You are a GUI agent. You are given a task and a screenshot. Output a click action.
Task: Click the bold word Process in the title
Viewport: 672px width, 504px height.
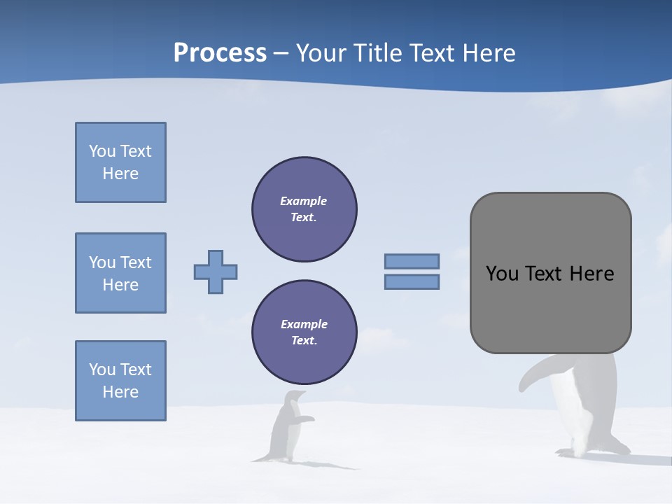220,53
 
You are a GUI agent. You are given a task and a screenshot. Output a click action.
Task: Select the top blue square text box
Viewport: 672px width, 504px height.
120,162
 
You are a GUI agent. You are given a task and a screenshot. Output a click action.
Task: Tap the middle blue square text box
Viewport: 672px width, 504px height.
120,273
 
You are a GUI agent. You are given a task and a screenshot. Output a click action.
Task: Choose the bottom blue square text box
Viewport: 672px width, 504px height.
120,381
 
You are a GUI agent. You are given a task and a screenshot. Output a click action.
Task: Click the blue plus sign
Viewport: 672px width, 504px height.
216,272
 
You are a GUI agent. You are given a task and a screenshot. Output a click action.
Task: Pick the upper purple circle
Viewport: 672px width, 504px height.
304,209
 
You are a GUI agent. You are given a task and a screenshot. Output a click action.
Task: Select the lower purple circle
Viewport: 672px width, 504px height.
304,332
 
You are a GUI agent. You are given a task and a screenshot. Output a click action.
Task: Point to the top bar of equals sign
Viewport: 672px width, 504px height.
412,261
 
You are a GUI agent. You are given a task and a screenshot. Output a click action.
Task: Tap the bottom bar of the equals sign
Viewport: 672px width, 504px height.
412,282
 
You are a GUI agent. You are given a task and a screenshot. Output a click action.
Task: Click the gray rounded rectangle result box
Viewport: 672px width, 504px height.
550,273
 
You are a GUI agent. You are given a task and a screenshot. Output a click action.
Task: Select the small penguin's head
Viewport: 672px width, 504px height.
295,397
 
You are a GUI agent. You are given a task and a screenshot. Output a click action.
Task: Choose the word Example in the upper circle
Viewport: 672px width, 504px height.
304,201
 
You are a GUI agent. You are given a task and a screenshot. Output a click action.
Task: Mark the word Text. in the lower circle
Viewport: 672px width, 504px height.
304,341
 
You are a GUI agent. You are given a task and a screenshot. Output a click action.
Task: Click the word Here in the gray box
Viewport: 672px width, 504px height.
591,274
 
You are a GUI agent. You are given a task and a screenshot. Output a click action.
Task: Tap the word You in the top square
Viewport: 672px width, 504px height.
101,151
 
